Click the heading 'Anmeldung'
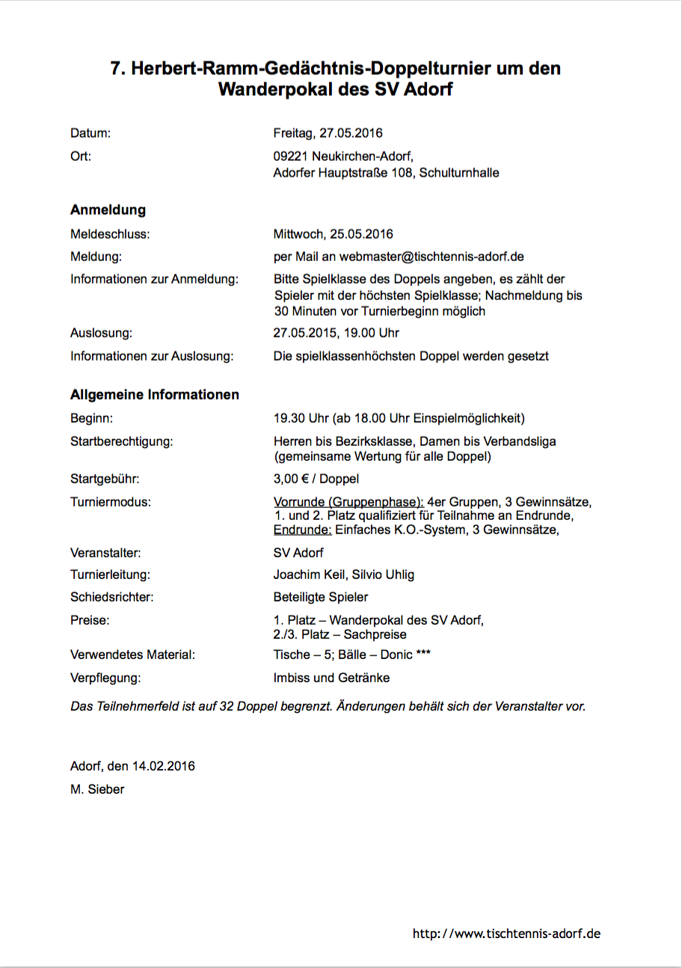click(108, 210)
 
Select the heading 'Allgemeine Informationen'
click(155, 394)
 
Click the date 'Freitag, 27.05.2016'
click(328, 133)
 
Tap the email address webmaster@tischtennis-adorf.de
click(431, 257)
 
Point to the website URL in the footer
click(506, 934)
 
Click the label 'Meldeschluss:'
click(110, 234)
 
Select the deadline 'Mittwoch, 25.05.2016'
click(333, 234)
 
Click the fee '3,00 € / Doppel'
click(316, 479)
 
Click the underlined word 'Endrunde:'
click(303, 530)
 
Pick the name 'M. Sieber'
click(97, 788)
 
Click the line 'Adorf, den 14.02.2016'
click(132, 766)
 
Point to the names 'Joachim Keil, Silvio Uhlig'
click(344, 575)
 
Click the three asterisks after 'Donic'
click(423, 655)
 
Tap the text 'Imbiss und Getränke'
click(331, 678)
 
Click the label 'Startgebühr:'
click(105, 479)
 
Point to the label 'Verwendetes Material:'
click(132, 655)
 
